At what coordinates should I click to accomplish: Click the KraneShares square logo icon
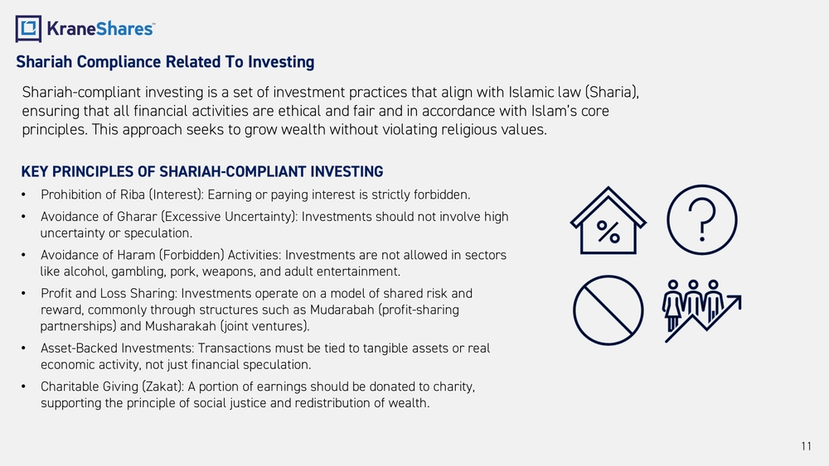coord(28,28)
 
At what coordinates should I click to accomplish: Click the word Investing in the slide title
coord(281,62)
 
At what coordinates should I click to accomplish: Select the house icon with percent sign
coord(608,221)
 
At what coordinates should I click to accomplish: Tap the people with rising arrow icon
coord(701,311)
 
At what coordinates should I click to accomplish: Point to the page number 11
coord(807,446)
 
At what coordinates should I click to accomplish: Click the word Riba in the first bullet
coord(132,195)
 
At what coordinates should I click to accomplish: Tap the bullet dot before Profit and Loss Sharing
coord(23,294)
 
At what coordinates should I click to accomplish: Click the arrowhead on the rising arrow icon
coord(735,301)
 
